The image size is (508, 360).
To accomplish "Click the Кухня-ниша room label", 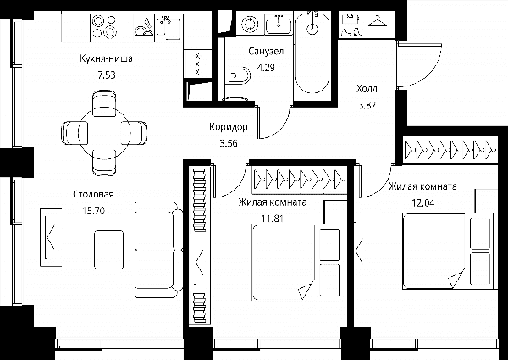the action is (x=107, y=58).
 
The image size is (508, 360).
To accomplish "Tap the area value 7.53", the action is (x=107, y=75).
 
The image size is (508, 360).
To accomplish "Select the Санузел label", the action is (x=266, y=51).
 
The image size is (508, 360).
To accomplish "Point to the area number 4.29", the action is (x=266, y=68).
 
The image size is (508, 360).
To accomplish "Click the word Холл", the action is (x=367, y=88).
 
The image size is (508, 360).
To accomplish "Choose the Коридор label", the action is (x=229, y=127).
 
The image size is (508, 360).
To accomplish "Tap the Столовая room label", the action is (x=93, y=195).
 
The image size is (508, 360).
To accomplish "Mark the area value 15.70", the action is (x=94, y=211).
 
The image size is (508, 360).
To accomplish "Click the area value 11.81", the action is (x=273, y=219).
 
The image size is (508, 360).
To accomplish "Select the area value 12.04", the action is (x=423, y=203).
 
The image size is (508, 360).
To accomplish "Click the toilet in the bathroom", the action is (x=240, y=76).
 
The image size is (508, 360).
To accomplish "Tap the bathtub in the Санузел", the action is (x=312, y=52).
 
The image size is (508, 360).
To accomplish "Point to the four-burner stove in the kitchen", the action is (x=104, y=27).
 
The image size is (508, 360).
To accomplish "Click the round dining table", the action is (x=104, y=132).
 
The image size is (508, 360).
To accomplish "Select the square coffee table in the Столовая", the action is (x=109, y=250).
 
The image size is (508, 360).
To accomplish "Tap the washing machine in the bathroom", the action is (x=250, y=25).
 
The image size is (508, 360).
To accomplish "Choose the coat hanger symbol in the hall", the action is (x=378, y=20).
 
